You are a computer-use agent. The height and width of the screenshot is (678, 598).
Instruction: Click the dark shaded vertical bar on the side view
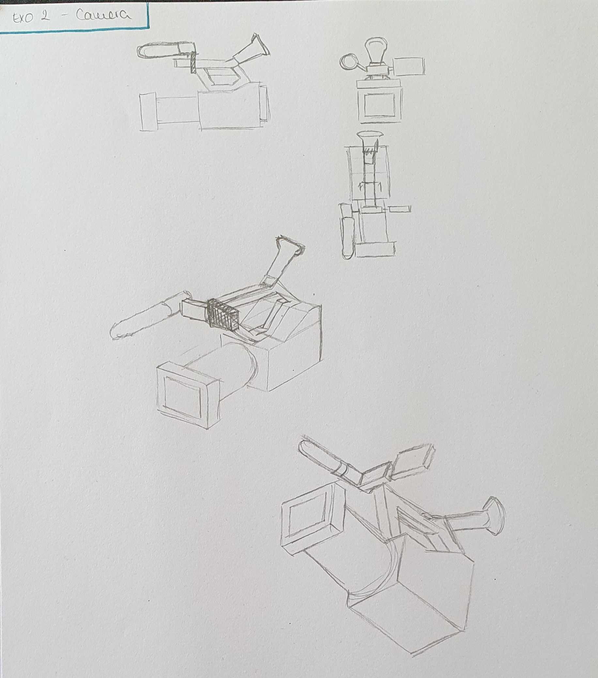point(192,63)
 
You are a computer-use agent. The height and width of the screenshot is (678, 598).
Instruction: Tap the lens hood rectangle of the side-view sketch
point(148,112)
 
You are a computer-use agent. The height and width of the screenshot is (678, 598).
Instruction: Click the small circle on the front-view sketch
point(348,62)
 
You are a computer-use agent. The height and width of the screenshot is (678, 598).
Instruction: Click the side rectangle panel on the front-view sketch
point(408,66)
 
